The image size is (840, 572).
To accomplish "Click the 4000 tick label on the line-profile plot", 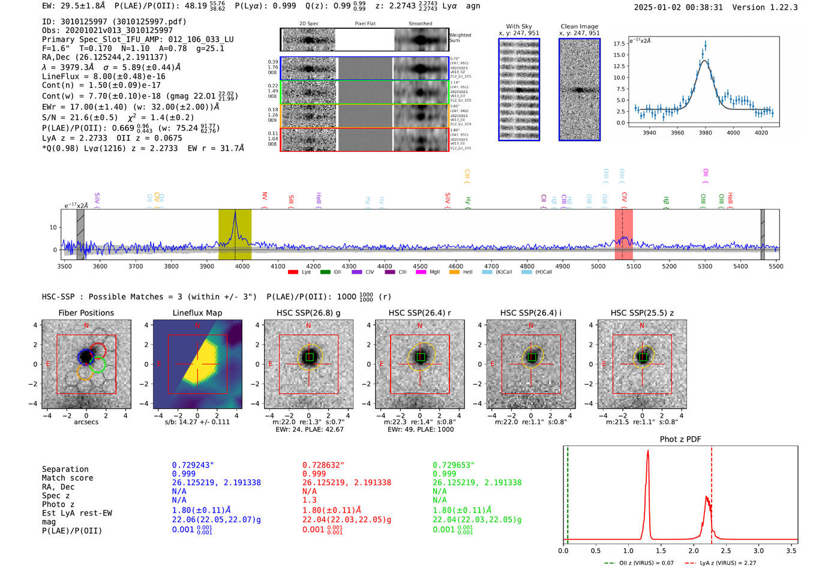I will tap(733, 133).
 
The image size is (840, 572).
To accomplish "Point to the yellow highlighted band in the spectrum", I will tap(235, 234).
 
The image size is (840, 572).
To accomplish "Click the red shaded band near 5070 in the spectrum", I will tap(623, 234).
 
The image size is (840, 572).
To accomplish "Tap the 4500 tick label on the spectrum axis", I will tap(420, 266).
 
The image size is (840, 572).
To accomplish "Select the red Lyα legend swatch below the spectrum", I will tap(293, 272).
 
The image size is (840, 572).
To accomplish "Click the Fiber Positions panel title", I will tap(86, 313).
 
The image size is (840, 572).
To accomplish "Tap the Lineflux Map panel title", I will tap(197, 313).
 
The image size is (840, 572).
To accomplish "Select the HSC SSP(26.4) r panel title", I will tap(419, 313).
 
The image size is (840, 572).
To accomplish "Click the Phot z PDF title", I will tap(680, 439).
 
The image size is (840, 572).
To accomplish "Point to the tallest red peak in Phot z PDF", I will tap(648, 453).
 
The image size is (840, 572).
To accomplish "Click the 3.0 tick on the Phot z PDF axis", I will tap(758, 550).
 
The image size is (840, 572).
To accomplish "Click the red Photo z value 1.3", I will tap(310, 500).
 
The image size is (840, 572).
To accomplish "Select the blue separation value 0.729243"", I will tap(193, 465).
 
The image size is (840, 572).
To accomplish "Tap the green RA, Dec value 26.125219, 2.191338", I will tap(477, 483).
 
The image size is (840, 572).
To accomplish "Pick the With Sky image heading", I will tap(519, 26).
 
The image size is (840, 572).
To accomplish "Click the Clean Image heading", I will tap(579, 26).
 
